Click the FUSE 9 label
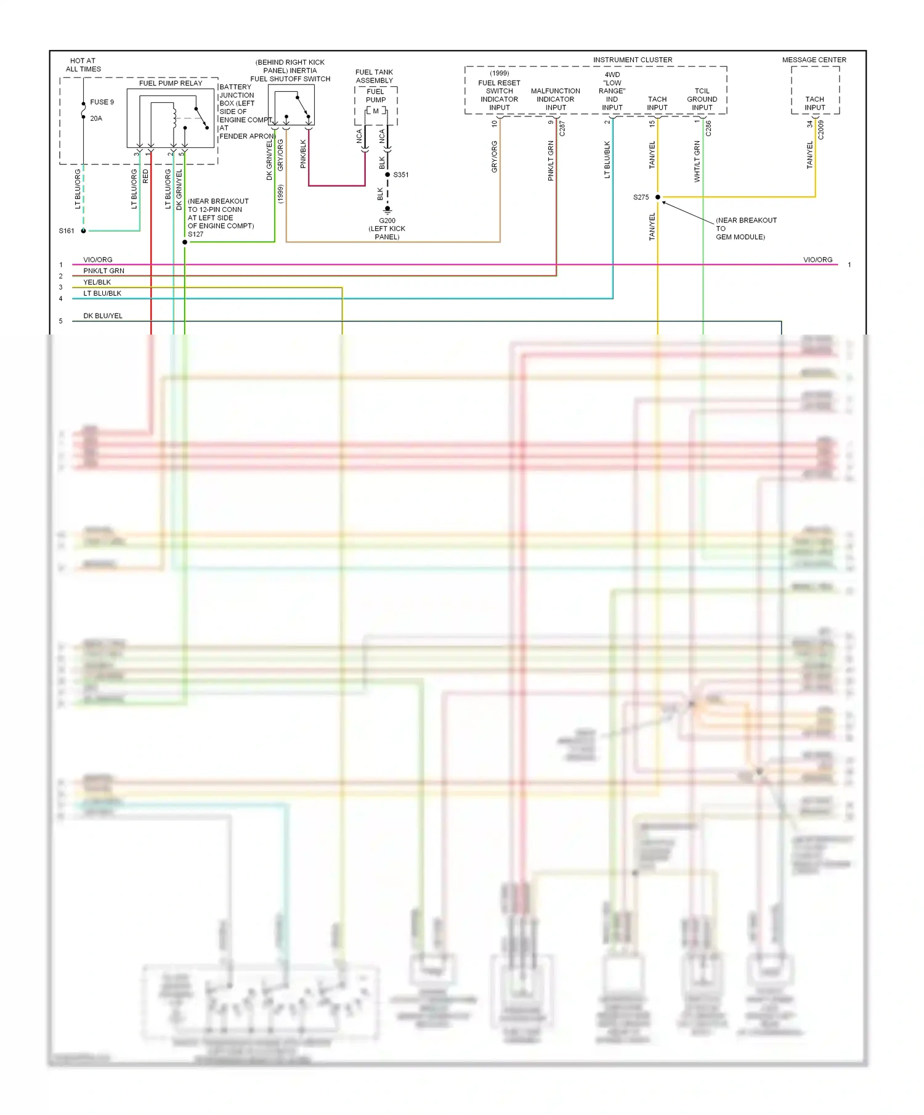pos(102,102)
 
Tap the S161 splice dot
pos(84,231)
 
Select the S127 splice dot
pos(185,242)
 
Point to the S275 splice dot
pos(658,197)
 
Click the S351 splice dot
pos(387,175)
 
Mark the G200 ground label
pos(387,221)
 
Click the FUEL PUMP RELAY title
pos(171,83)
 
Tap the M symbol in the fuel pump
pos(376,111)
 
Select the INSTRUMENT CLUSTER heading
pos(633,60)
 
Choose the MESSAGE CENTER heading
pos(814,60)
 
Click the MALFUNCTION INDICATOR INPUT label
pos(555,99)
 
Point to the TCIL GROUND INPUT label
pos(702,99)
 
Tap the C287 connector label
pos(562,128)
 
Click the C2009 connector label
pos(821,130)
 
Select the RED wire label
pos(145,177)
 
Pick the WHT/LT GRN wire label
pos(697,161)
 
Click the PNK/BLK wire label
pos(303,154)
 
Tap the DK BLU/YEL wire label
pos(103,316)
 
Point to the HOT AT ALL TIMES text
pos(83,65)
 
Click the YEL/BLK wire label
pos(97,282)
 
